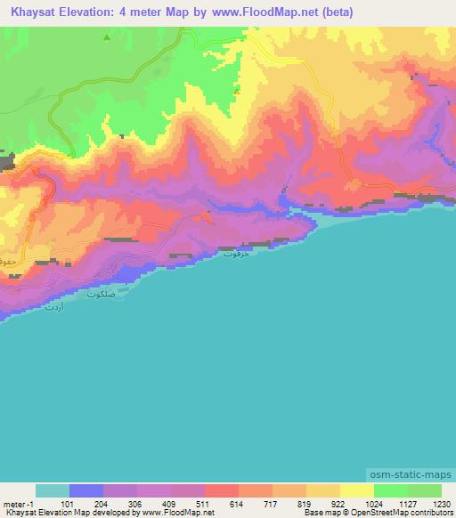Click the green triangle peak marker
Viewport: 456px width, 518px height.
point(107,37)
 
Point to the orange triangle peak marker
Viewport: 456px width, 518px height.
point(237,90)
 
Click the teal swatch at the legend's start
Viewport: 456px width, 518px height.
point(52,490)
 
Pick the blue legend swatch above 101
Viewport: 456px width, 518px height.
point(85,490)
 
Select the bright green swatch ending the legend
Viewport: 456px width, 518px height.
point(424,490)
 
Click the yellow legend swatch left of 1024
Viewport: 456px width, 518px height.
point(356,490)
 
